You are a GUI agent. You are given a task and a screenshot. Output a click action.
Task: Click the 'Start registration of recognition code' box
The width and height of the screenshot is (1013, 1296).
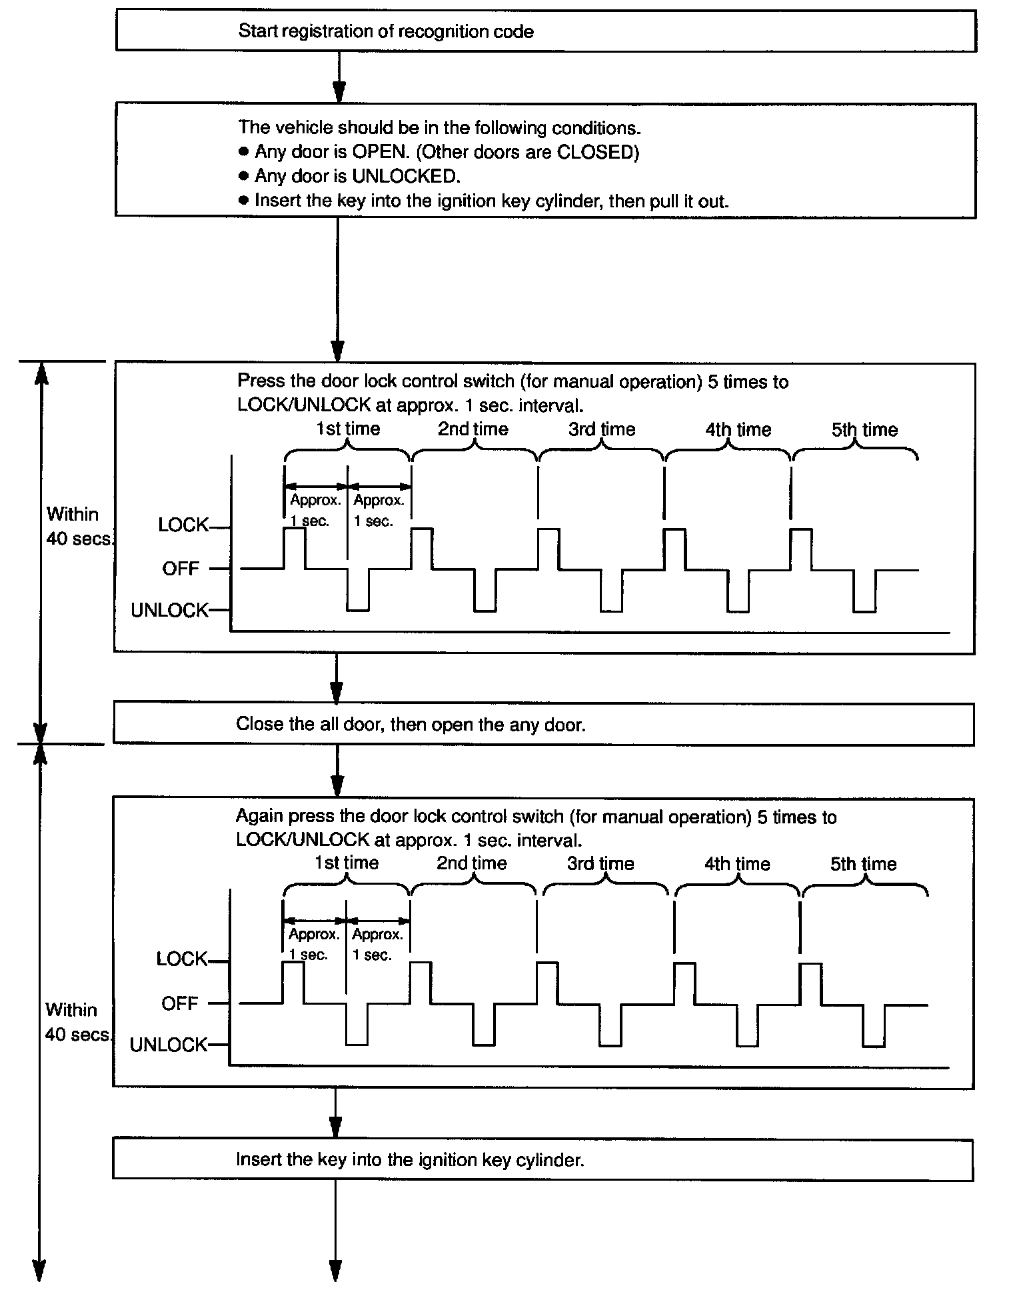[x=545, y=31]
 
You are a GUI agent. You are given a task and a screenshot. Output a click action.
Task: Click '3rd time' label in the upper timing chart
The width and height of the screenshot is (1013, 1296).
[x=601, y=429]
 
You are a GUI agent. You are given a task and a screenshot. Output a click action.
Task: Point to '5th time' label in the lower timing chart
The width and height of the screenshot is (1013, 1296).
[x=863, y=864]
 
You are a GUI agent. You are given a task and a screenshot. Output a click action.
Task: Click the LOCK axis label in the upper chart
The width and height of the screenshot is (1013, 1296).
[x=183, y=525]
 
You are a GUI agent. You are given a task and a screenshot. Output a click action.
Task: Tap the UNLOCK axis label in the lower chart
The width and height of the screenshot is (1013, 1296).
[x=169, y=1045]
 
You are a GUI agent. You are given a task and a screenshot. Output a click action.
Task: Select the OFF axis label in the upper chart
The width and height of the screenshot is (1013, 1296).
[x=181, y=569]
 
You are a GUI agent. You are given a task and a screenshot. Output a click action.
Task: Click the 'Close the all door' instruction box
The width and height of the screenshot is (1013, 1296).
[x=543, y=724]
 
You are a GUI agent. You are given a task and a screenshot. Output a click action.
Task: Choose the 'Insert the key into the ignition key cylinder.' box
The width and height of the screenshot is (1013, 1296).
[x=542, y=1159]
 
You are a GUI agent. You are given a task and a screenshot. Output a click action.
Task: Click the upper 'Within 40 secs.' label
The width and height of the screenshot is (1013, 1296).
[x=78, y=526]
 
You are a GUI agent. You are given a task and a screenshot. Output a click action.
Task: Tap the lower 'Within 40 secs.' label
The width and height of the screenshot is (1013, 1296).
[x=77, y=1022]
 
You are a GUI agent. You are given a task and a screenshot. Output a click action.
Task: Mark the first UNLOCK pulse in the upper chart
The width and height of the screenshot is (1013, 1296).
[x=358, y=590]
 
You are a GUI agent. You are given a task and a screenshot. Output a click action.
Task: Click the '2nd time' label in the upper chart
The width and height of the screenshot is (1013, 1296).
[x=473, y=429]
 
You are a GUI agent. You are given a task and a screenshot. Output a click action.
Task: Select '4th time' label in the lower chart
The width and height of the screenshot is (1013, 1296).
[x=737, y=864]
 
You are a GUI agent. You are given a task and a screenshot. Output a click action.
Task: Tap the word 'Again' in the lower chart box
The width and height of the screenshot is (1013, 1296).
[x=259, y=816]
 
